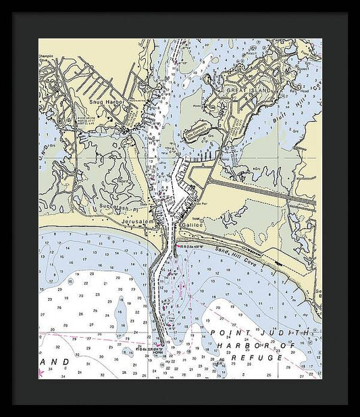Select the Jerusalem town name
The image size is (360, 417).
138,222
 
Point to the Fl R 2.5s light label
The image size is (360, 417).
196,247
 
